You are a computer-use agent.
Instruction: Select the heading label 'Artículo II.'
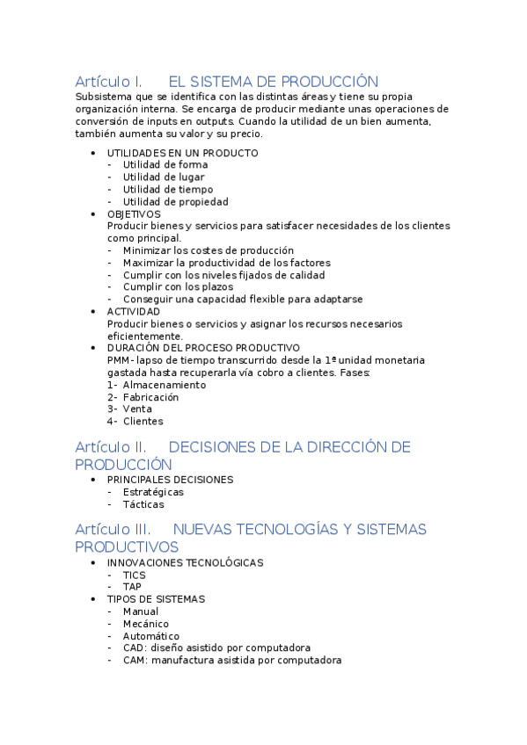click(111, 447)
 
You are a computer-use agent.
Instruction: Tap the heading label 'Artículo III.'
click(113, 529)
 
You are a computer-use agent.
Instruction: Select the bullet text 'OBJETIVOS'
click(134, 213)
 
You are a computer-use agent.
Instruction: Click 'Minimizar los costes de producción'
click(209, 250)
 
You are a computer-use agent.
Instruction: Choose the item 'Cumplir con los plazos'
click(178, 286)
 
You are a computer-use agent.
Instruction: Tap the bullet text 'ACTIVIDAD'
click(134, 311)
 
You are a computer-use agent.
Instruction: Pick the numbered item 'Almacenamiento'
click(165, 385)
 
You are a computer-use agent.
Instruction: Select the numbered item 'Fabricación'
click(150, 397)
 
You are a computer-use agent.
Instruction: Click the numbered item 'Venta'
click(137, 409)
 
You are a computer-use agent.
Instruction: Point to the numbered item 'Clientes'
click(143, 421)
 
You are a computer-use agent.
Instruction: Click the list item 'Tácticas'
click(143, 504)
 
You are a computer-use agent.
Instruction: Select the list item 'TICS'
click(135, 575)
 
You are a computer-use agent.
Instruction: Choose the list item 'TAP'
click(132, 587)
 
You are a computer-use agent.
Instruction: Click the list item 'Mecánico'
click(146, 624)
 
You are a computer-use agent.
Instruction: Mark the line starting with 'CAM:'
click(232, 660)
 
